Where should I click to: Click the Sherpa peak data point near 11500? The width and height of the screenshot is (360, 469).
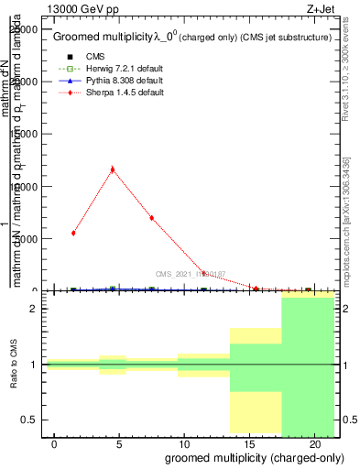pyautogui.click(x=113, y=169)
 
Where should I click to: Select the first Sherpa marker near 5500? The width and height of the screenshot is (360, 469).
pyautogui.click(x=73, y=233)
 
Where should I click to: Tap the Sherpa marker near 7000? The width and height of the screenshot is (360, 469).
pyautogui.click(x=152, y=218)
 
